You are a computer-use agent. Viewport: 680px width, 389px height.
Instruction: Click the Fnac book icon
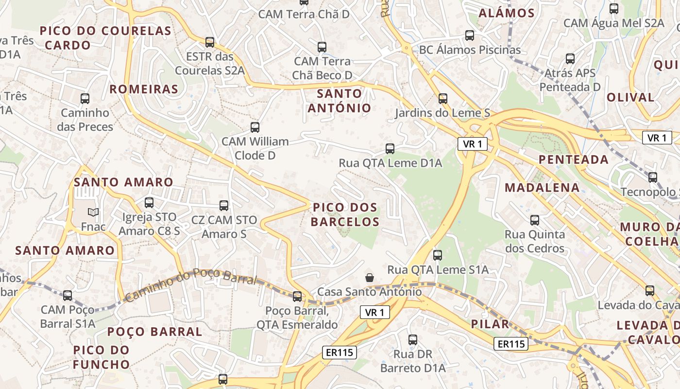pos(93,212)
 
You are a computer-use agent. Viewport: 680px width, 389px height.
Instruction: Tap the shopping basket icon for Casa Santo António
pos(370,278)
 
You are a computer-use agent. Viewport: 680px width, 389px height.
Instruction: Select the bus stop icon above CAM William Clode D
pos(255,127)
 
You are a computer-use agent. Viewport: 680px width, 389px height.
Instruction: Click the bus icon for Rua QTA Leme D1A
pos(390,149)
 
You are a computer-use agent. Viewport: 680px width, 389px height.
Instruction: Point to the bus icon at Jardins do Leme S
pos(443,99)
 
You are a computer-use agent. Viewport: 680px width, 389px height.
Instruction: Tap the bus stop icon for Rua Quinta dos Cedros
pos(535,220)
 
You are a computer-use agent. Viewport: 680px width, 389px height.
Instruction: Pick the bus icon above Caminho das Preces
pos(85,99)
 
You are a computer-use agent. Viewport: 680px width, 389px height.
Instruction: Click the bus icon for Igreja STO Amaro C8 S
pos(149,203)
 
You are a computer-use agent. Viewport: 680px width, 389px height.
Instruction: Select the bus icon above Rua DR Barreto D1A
pos(413,340)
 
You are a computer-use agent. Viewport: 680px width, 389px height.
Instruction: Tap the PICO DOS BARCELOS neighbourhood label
pos(345,214)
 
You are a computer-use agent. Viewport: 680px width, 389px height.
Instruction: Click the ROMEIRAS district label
pos(144,89)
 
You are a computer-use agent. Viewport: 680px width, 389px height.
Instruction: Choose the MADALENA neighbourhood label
pos(542,187)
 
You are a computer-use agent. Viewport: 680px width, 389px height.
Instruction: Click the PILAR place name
pos(490,324)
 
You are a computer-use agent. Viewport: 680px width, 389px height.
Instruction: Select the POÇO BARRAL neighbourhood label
pos(154,332)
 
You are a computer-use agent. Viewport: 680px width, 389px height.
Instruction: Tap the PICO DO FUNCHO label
pos(102,357)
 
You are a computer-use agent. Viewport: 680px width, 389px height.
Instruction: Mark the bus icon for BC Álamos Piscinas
pos(470,35)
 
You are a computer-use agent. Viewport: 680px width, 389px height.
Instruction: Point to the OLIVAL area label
pos(630,97)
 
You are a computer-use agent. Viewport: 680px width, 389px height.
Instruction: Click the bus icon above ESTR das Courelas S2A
pos(210,42)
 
